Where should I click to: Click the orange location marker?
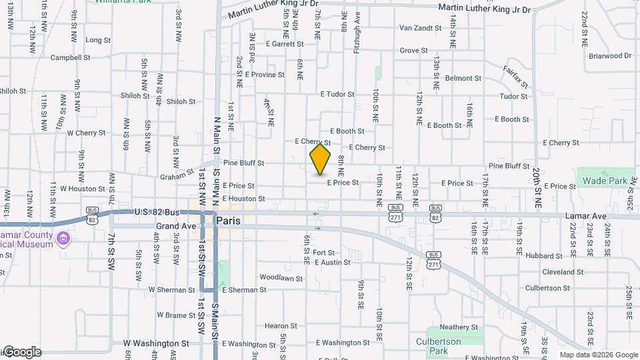click(321, 159)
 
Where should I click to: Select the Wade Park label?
click(605, 181)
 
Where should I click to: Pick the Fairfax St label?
click(515, 77)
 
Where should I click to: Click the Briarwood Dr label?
click(609, 56)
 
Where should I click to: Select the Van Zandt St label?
click(420, 28)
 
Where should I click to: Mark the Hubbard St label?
click(544, 256)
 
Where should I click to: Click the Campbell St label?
click(70, 58)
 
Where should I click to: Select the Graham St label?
click(177, 177)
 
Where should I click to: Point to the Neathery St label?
click(459, 327)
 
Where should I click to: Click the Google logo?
click(22, 352)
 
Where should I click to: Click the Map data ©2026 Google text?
click(599, 355)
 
